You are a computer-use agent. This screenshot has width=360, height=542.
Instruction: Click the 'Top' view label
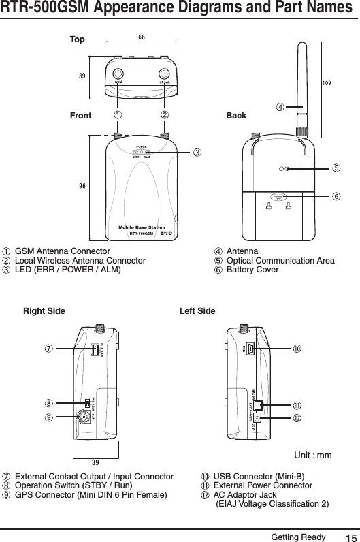pos(78,39)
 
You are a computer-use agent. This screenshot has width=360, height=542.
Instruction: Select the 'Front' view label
pos(81,116)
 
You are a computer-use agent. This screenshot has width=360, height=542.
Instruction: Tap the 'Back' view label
pos(236,116)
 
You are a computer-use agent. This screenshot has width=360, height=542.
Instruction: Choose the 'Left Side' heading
pos(197,311)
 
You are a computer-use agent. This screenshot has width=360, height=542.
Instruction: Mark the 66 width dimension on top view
pos(142,36)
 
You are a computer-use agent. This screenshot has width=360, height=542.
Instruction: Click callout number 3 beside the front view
pos(197,151)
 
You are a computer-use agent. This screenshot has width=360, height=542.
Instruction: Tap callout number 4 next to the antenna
pos(280,107)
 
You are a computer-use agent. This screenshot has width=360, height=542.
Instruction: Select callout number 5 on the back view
pos(336,168)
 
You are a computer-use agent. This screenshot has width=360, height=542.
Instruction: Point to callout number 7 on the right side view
pos(50,349)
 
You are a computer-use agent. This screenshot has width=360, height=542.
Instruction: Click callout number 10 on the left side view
pos(297,349)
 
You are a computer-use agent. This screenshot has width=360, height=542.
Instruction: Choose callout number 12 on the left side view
pos(297,416)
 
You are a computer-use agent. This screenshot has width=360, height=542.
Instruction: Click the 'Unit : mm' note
pos(312,454)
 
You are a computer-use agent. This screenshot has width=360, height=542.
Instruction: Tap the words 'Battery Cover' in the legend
pos(252,270)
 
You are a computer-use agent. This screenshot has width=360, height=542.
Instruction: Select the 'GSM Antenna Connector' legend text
pos(62,252)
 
